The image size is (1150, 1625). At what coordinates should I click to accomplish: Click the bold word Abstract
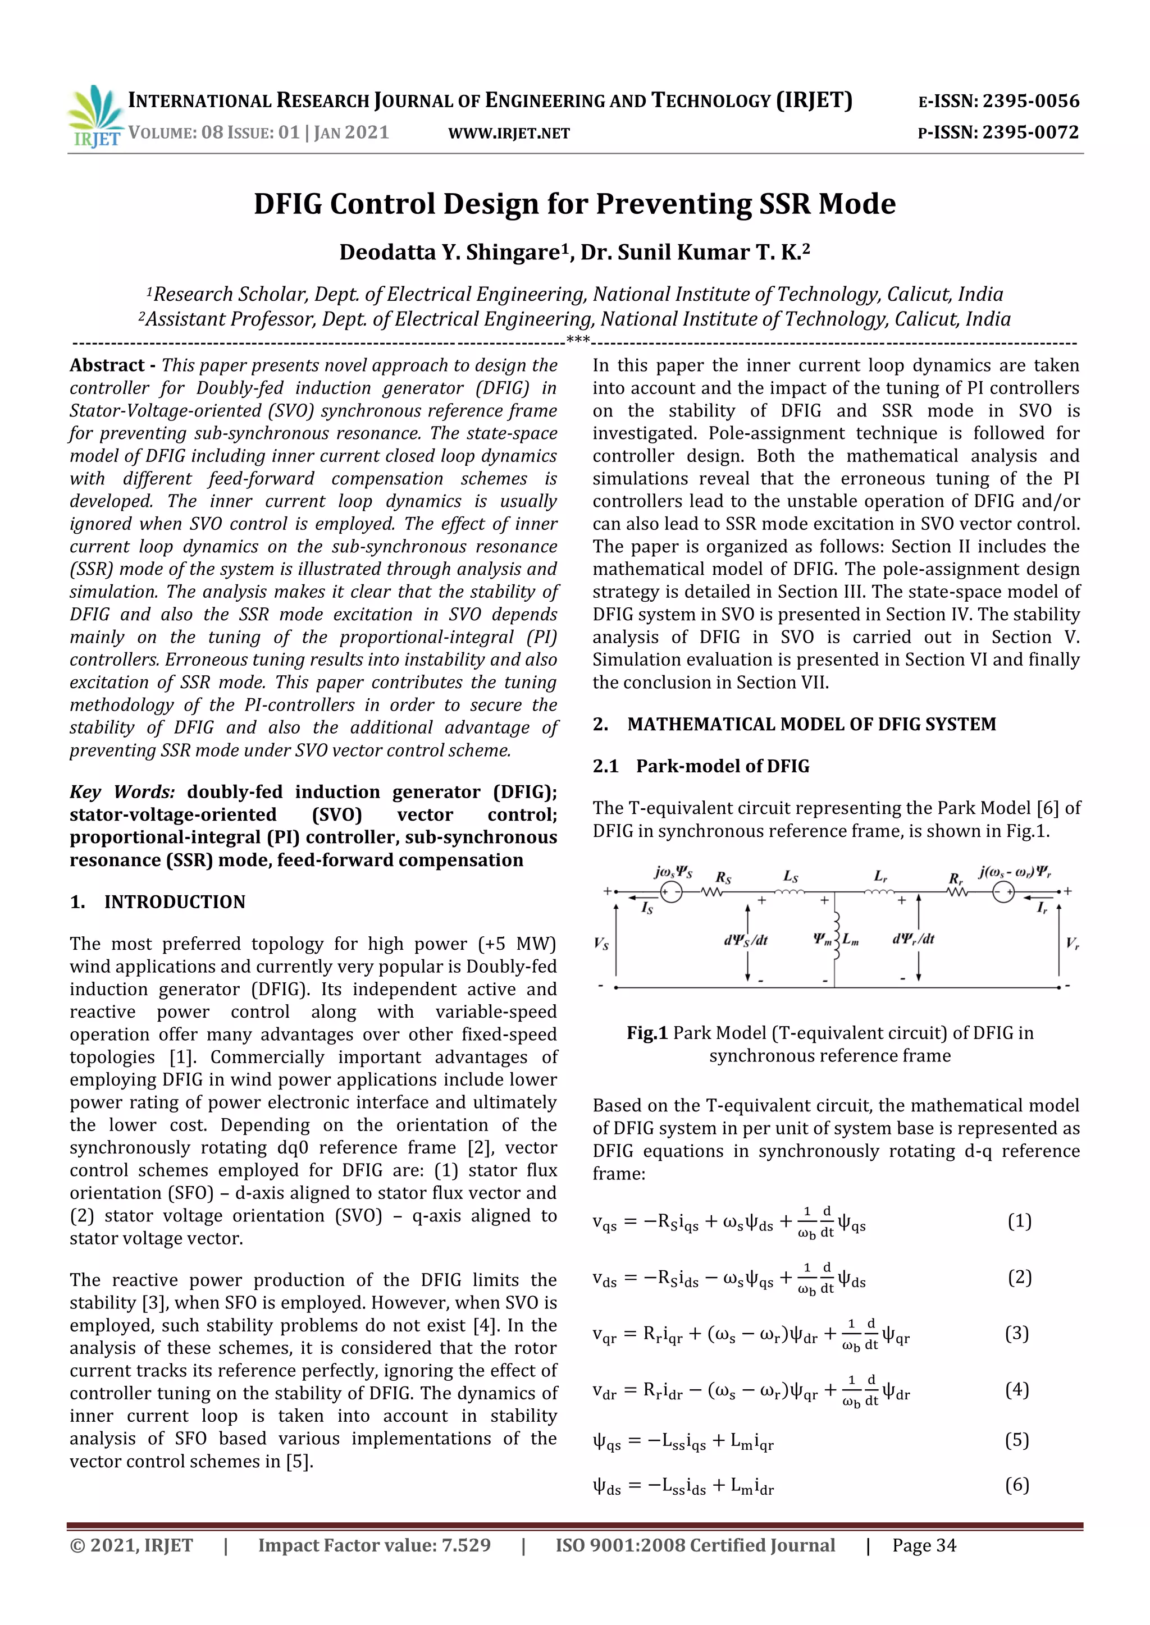107,365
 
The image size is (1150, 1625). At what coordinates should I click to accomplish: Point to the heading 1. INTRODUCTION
157,901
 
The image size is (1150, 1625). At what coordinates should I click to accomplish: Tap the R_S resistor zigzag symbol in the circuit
711,892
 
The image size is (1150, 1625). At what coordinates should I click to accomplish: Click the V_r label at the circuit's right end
1072,943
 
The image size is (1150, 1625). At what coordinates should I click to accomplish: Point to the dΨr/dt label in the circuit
914,939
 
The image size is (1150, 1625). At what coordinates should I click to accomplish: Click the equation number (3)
1017,1334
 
